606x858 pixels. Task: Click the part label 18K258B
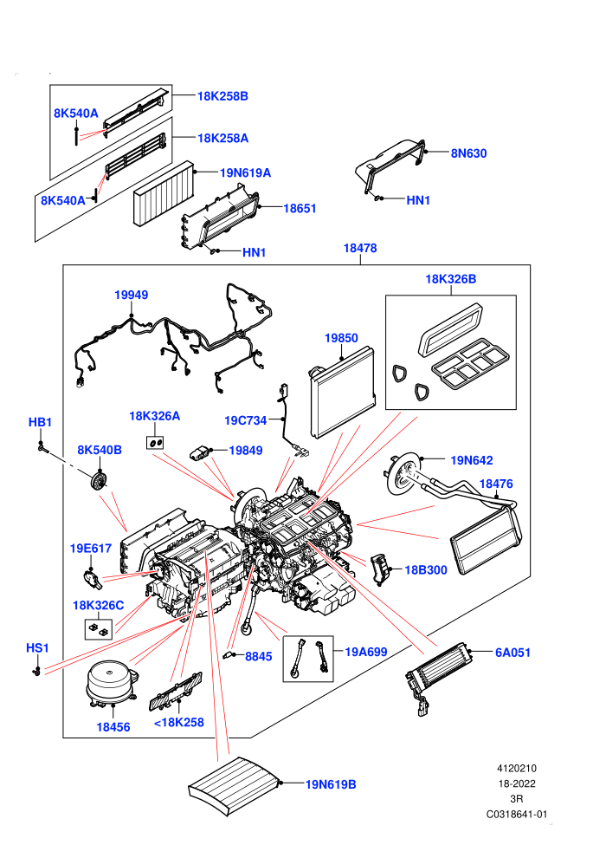pyautogui.click(x=222, y=96)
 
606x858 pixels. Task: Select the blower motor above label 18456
pyautogui.click(x=112, y=684)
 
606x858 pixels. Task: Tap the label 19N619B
pyautogui.click(x=331, y=784)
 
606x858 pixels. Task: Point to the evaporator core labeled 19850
pyautogui.click(x=343, y=393)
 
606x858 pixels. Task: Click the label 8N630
pyautogui.click(x=469, y=153)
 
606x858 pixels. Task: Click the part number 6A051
pyautogui.click(x=513, y=653)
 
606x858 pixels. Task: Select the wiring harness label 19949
pyautogui.click(x=131, y=295)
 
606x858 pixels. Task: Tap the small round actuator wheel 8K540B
pyautogui.click(x=99, y=482)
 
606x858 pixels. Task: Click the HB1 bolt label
pyautogui.click(x=40, y=422)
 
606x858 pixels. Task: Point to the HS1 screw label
pyautogui.click(x=38, y=648)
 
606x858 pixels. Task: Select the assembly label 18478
pyautogui.click(x=360, y=249)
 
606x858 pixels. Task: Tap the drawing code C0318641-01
pyautogui.click(x=517, y=814)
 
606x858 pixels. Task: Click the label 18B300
pyautogui.click(x=426, y=570)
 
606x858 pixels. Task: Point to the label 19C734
pyautogui.click(x=245, y=421)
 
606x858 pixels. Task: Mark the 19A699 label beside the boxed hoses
pyautogui.click(x=366, y=653)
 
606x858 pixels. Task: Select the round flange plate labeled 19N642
pyautogui.click(x=404, y=474)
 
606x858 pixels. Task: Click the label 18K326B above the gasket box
pyautogui.click(x=451, y=279)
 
